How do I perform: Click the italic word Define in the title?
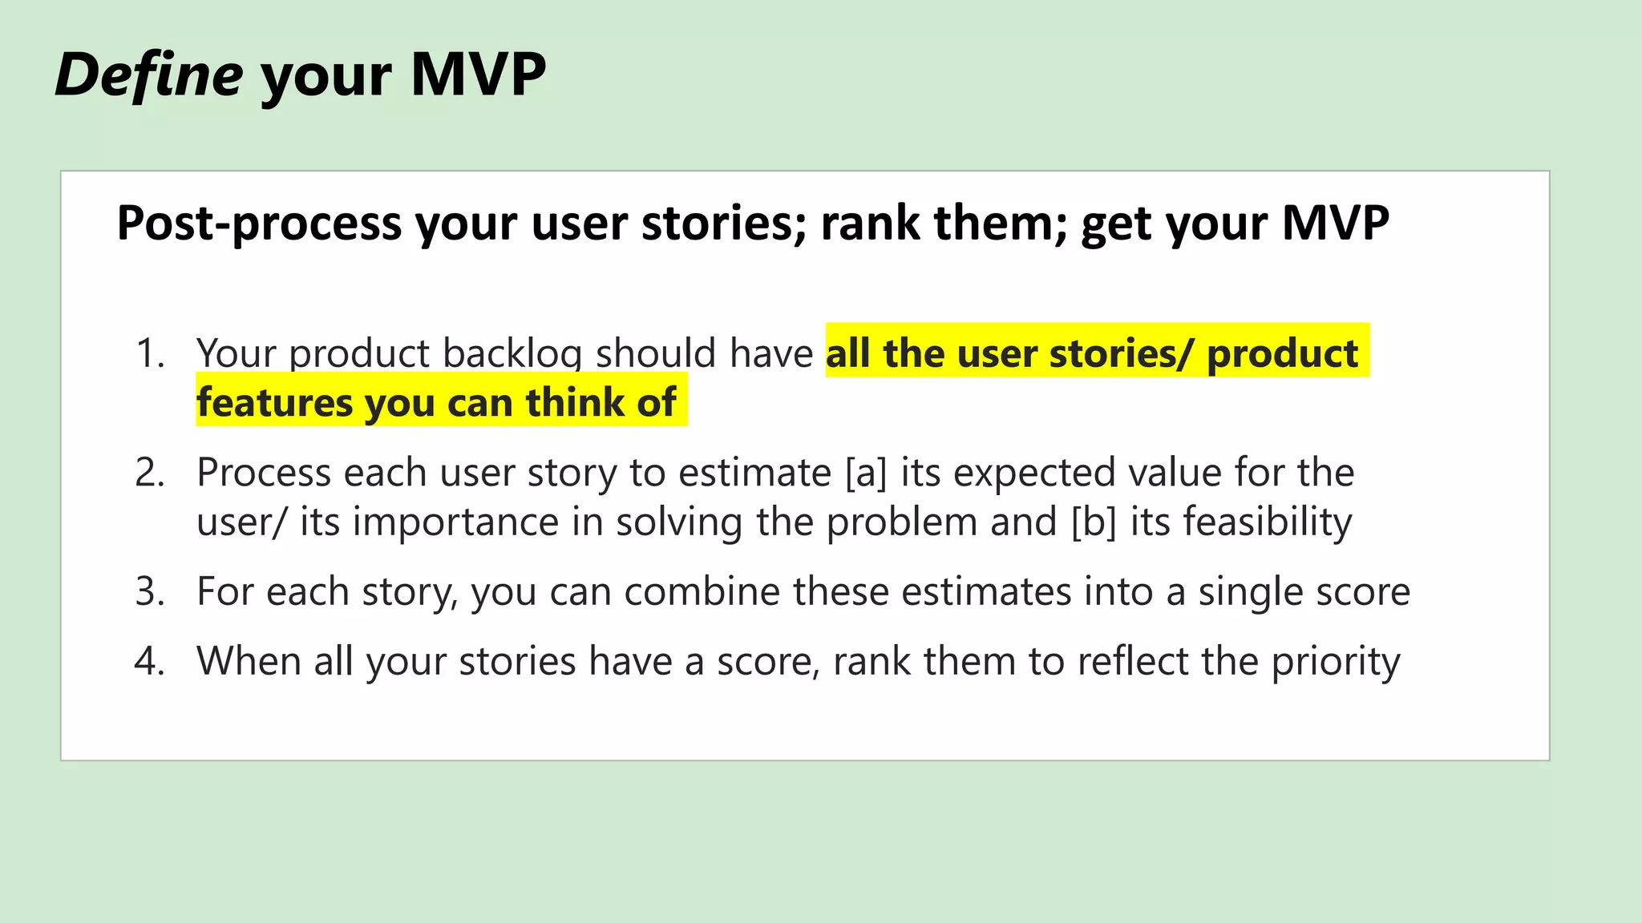pyautogui.click(x=149, y=75)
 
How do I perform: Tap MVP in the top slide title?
pyautogui.click(x=478, y=75)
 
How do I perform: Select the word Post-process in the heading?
pyautogui.click(x=259, y=223)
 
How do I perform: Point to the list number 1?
pyautogui.click(x=149, y=353)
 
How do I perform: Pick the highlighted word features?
pyautogui.click(x=273, y=402)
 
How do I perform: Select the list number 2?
pyautogui.click(x=149, y=472)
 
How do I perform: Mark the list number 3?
pyautogui.click(x=149, y=591)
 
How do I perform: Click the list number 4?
pyautogui.click(x=149, y=661)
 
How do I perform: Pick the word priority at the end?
pyautogui.click(x=1336, y=663)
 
